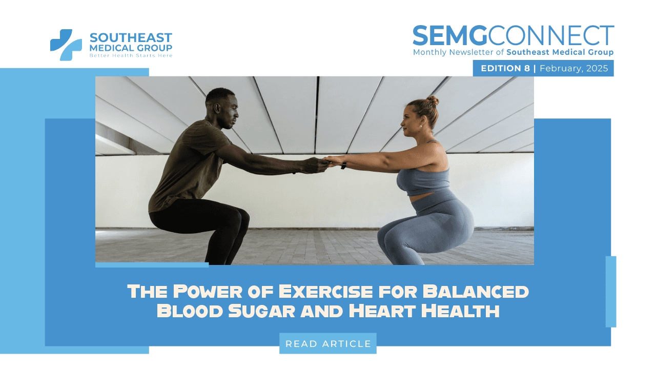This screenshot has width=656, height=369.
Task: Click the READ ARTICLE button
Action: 328,343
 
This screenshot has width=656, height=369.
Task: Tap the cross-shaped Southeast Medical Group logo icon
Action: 66,45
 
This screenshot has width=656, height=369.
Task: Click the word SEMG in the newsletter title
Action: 450,35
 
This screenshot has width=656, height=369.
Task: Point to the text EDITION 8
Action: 505,68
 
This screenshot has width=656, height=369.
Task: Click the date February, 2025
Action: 573,68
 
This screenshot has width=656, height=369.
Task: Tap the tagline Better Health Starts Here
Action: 131,55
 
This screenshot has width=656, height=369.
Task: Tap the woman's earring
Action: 421,125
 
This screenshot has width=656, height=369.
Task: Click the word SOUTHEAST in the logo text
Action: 131,38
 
